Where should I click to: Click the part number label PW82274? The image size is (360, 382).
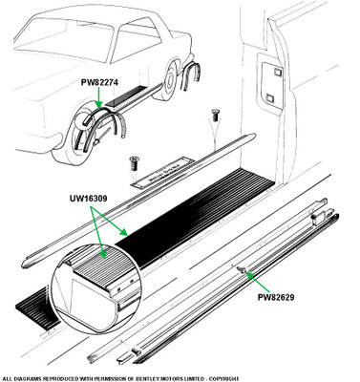click(99, 82)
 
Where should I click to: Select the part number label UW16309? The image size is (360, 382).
click(88, 199)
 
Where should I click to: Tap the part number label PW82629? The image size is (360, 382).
click(276, 297)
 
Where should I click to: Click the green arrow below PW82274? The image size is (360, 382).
click(99, 97)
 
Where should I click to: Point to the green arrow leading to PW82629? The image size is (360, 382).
click(259, 282)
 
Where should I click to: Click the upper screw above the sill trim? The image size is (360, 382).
click(215, 116)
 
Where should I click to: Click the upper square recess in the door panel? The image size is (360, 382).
click(277, 73)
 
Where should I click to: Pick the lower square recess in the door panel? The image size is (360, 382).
click(270, 98)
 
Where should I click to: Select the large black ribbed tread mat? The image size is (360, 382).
click(195, 217)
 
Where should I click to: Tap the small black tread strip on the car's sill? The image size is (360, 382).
click(125, 95)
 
